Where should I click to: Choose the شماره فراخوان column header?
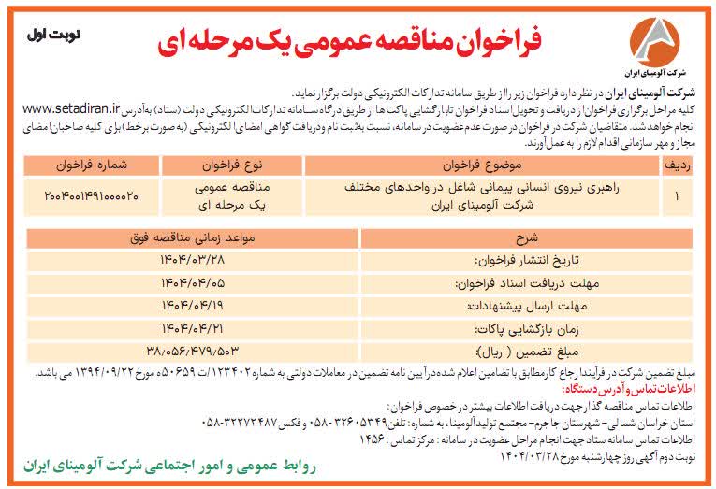(x=91, y=165)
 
